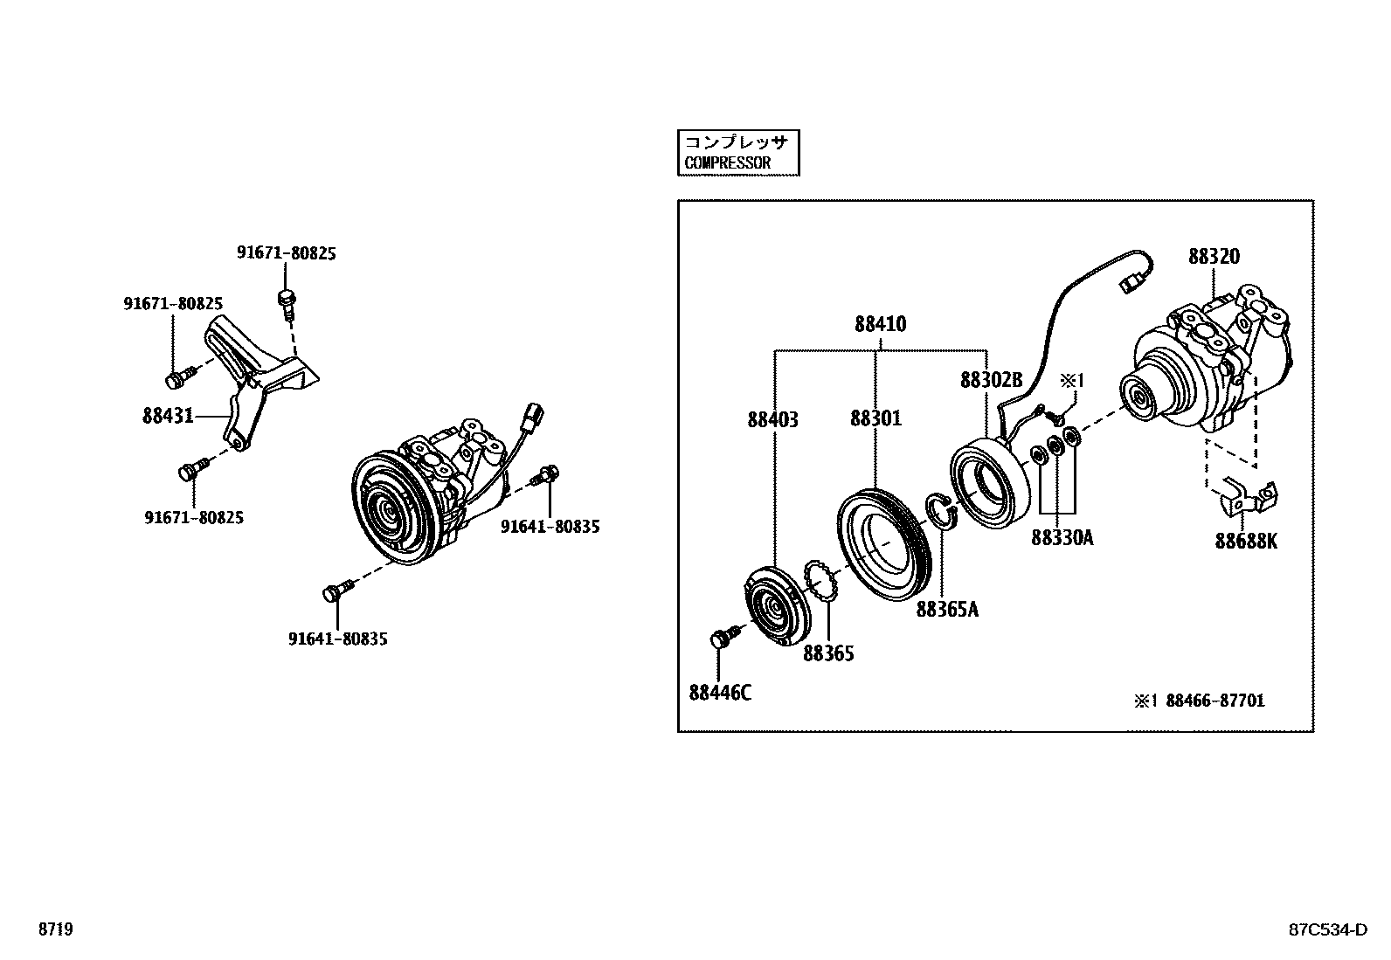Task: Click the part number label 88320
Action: click(1213, 257)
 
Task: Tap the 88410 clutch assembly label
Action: click(880, 324)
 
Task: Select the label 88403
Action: click(772, 420)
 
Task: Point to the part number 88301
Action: click(875, 419)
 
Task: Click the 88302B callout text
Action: click(990, 380)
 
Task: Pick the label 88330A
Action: click(1062, 537)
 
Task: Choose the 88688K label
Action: click(1245, 542)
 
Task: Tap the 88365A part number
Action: click(947, 610)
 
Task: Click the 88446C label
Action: click(720, 693)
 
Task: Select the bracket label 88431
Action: click(168, 415)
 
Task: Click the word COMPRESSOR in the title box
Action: click(727, 162)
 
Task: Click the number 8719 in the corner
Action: click(55, 929)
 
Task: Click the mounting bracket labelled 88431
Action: click(253, 376)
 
